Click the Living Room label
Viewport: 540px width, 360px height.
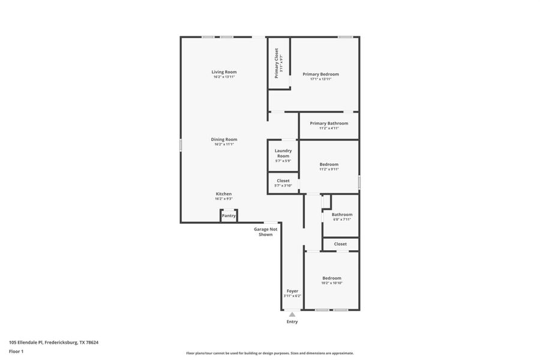coord(224,72)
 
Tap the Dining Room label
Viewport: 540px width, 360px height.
coord(224,139)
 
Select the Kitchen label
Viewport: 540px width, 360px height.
coord(224,194)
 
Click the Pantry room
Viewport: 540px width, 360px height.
coord(229,215)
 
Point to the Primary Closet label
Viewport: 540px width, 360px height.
coord(277,63)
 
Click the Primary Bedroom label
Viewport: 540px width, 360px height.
coord(320,74)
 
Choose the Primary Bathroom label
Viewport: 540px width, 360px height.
coord(329,123)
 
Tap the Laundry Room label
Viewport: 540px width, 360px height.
coord(283,153)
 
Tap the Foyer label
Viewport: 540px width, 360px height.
coord(292,291)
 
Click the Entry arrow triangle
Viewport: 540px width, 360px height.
coord(292,314)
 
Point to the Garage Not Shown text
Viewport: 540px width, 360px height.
coord(265,232)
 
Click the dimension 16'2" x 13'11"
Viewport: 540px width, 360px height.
coord(224,77)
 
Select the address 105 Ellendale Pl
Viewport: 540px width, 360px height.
coord(53,343)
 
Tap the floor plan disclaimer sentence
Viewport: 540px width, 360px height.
coord(269,353)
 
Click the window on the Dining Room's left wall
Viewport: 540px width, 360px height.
coord(181,145)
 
